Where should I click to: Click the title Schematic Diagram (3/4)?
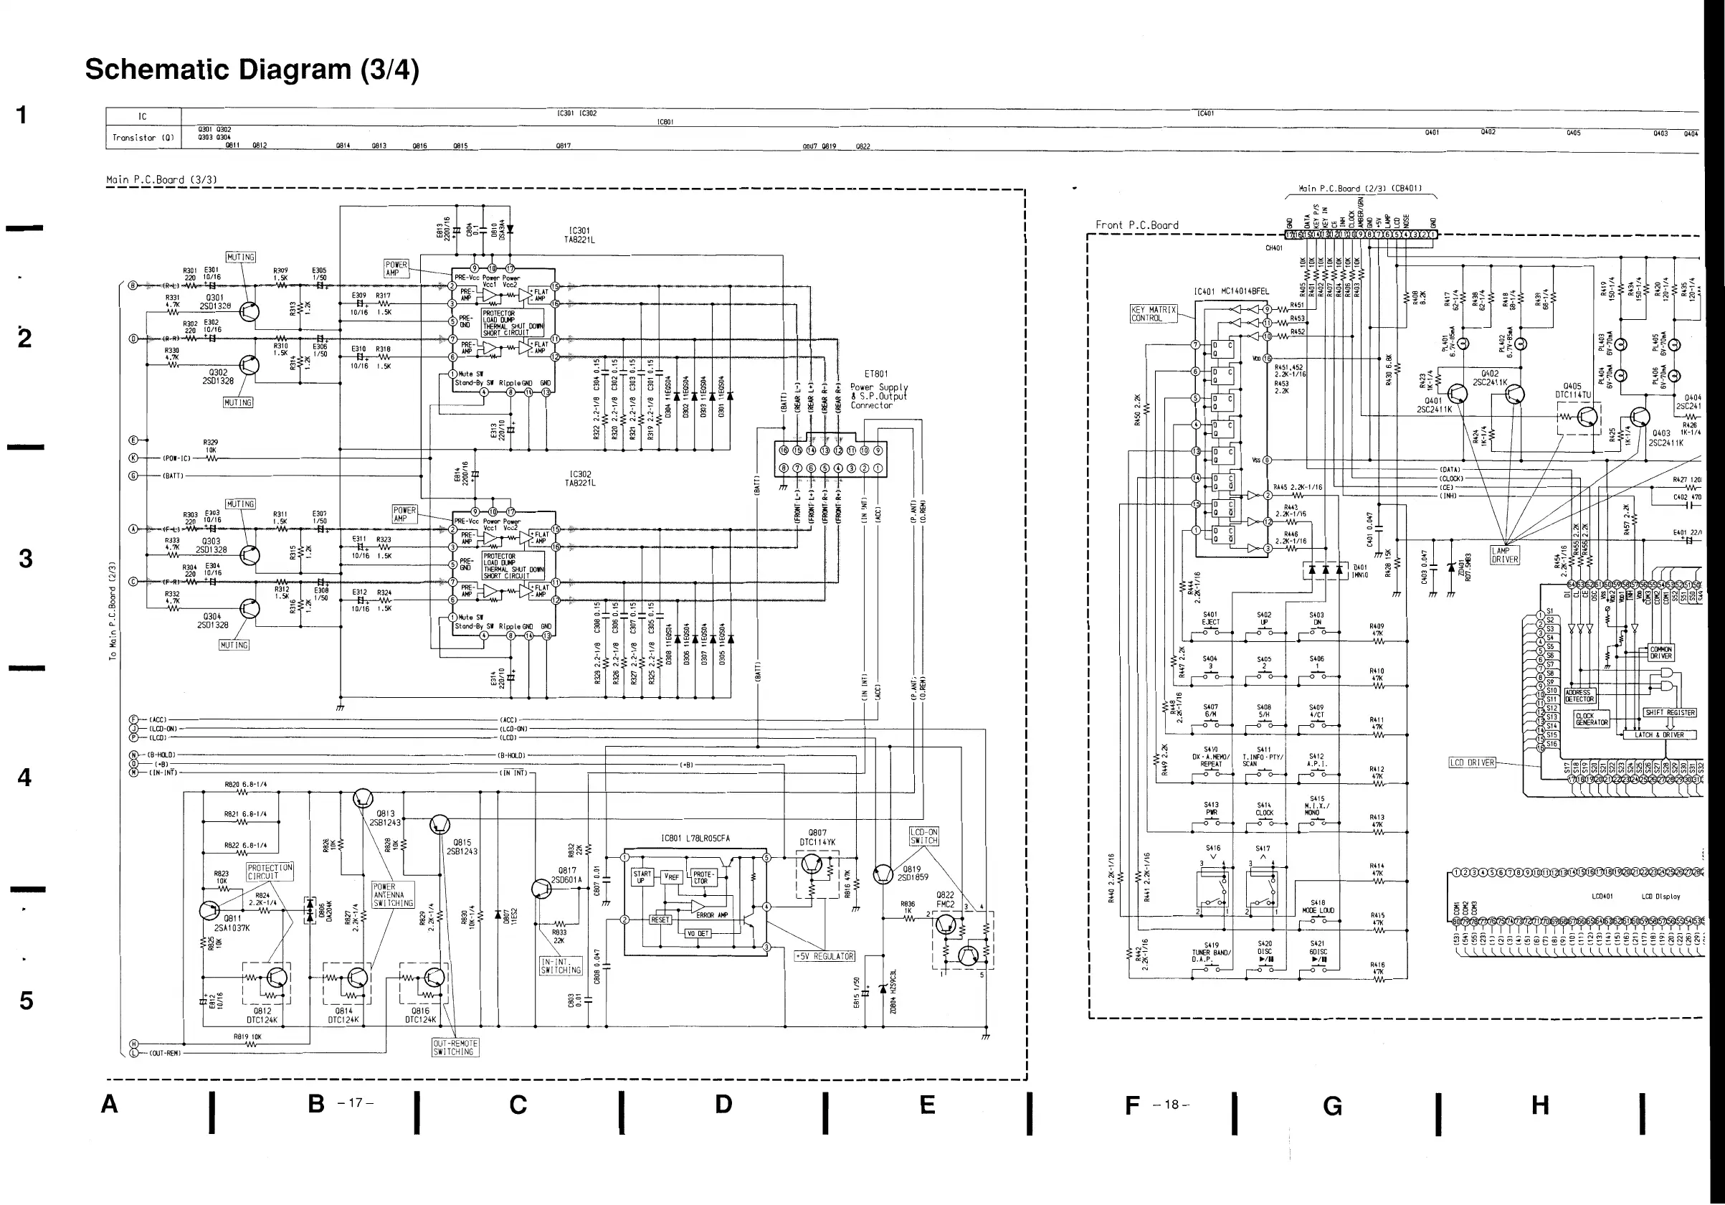click(252, 69)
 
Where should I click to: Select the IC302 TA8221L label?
click(580, 478)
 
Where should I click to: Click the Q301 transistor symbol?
click(250, 312)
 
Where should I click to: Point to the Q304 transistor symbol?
click(250, 608)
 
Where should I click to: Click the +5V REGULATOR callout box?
click(825, 956)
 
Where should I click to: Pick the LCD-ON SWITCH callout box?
click(923, 836)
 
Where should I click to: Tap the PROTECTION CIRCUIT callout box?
click(270, 871)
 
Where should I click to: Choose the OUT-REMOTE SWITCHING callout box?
click(455, 1047)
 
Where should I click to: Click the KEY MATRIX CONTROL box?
click(1154, 313)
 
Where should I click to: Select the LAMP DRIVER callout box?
click(1505, 554)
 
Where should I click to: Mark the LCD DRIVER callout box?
click(1472, 762)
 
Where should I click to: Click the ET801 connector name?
click(876, 374)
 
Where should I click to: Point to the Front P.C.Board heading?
click(1136, 225)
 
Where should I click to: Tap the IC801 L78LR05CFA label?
click(695, 838)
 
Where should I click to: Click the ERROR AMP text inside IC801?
click(711, 915)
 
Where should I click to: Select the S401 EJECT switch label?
click(1210, 618)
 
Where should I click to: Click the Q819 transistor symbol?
click(883, 874)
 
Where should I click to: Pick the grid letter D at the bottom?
click(723, 1105)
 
